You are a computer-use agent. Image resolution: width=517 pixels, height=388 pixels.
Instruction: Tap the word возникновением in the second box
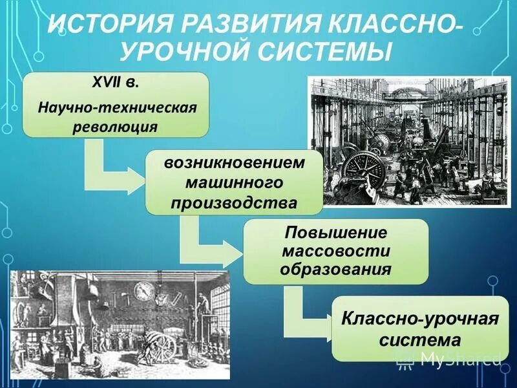(x=234, y=162)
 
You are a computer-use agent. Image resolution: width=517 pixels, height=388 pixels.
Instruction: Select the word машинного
(x=234, y=182)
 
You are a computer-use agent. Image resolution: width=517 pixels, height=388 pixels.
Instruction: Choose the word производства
(x=234, y=203)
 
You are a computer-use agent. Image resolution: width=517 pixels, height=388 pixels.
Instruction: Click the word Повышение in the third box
(x=335, y=231)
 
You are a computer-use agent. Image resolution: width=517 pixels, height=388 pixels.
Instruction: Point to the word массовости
(x=335, y=250)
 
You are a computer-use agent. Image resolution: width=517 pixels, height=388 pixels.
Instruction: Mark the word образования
(x=335, y=269)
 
